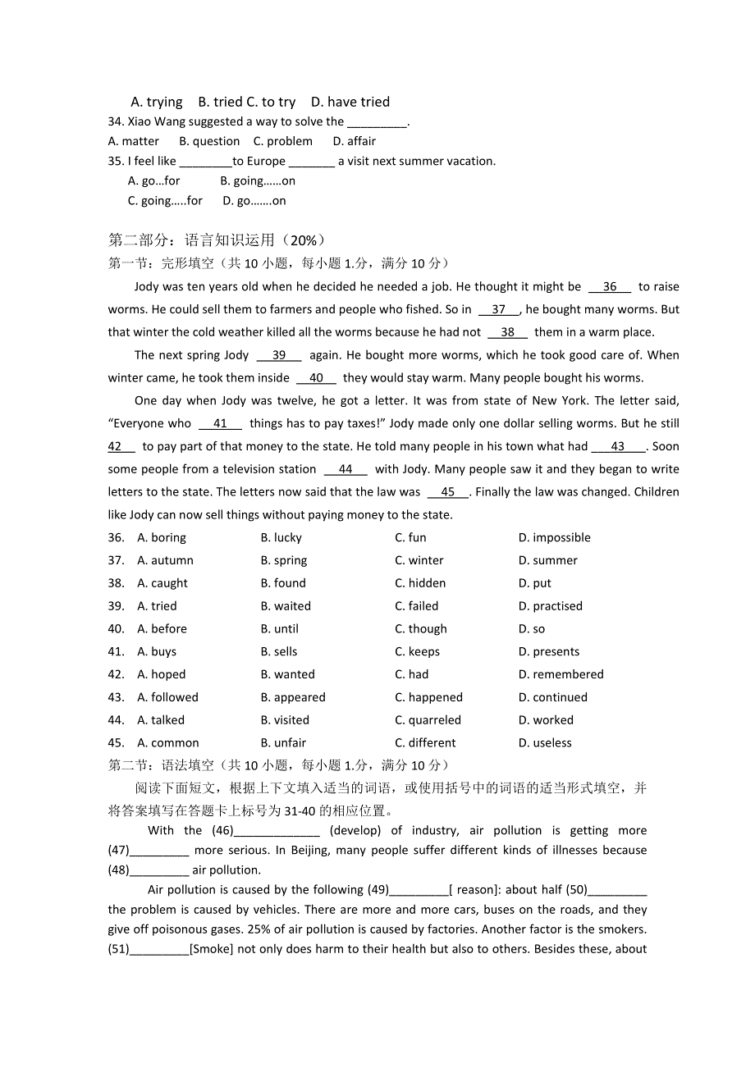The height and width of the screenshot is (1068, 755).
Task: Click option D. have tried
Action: pos(350,102)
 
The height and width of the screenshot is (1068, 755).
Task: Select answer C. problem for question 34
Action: pos(283,141)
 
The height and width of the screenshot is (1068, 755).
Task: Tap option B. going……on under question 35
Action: pos(258,180)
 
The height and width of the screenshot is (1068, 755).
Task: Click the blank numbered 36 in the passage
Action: pos(610,286)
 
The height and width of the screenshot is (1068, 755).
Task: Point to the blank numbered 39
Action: pos(279,355)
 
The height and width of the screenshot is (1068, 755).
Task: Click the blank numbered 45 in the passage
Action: pos(448,492)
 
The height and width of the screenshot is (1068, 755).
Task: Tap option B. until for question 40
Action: pos(280,629)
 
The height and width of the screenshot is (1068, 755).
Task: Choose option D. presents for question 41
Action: pos(548,652)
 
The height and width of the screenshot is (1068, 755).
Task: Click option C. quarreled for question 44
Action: pos(428,720)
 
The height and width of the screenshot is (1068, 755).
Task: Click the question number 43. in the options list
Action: pos(117,697)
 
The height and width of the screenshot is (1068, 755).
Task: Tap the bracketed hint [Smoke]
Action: pos(212,949)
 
